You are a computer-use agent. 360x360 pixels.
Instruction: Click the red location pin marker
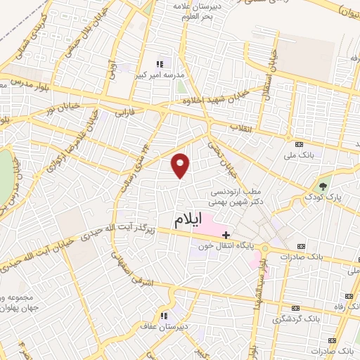[181, 165]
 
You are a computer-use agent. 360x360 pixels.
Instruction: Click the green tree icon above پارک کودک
[323, 187]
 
